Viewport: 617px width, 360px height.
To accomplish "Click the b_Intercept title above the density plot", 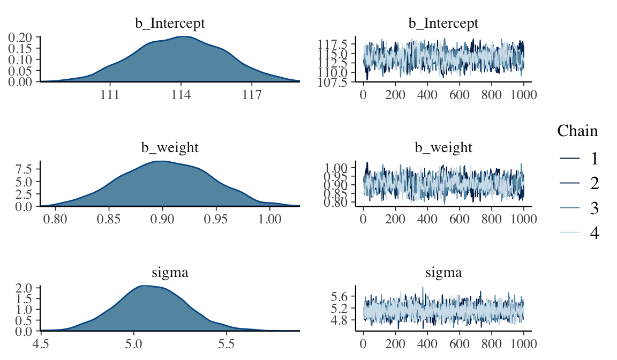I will pos(169,23).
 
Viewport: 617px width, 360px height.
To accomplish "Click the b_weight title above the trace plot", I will pos(443,147).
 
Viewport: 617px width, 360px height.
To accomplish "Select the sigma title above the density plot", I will pos(169,273).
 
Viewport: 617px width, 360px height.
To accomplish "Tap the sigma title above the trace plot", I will pos(443,273).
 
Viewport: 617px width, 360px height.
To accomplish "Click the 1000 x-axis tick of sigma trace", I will pos(523,344).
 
